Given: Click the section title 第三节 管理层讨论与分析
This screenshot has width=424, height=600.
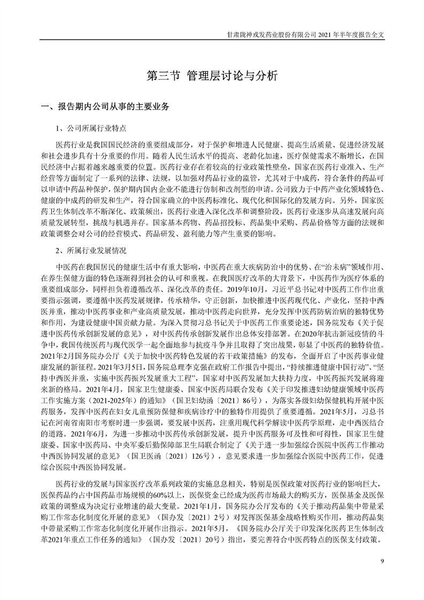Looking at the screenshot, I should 212,76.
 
